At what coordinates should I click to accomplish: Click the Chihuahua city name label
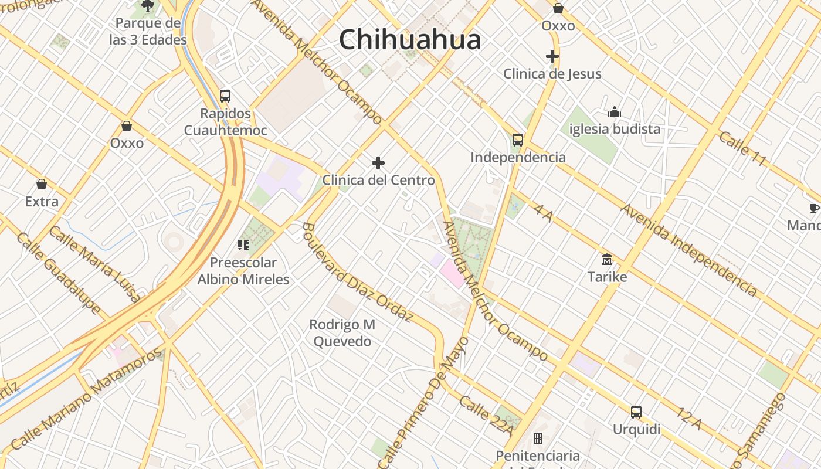(410, 40)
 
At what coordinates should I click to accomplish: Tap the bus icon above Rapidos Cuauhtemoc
(225, 96)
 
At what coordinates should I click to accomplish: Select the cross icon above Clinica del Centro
(378, 163)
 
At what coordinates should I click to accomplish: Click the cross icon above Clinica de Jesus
(552, 56)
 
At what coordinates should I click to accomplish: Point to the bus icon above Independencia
(517, 140)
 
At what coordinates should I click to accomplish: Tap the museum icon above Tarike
(607, 259)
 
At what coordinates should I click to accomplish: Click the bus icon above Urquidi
(636, 412)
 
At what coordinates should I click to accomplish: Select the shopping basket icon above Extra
(42, 185)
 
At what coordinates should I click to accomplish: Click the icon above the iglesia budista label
(614, 112)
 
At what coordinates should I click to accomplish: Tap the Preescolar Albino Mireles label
(243, 271)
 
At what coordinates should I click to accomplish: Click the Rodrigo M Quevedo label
(342, 332)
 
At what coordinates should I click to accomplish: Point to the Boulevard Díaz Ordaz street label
(358, 271)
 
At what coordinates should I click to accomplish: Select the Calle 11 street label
(742, 149)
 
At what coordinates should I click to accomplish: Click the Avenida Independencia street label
(688, 250)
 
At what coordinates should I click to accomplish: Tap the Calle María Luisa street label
(94, 264)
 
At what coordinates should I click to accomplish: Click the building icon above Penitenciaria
(537, 439)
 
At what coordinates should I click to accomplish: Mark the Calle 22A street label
(486, 416)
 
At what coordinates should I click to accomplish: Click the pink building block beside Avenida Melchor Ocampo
(452, 274)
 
